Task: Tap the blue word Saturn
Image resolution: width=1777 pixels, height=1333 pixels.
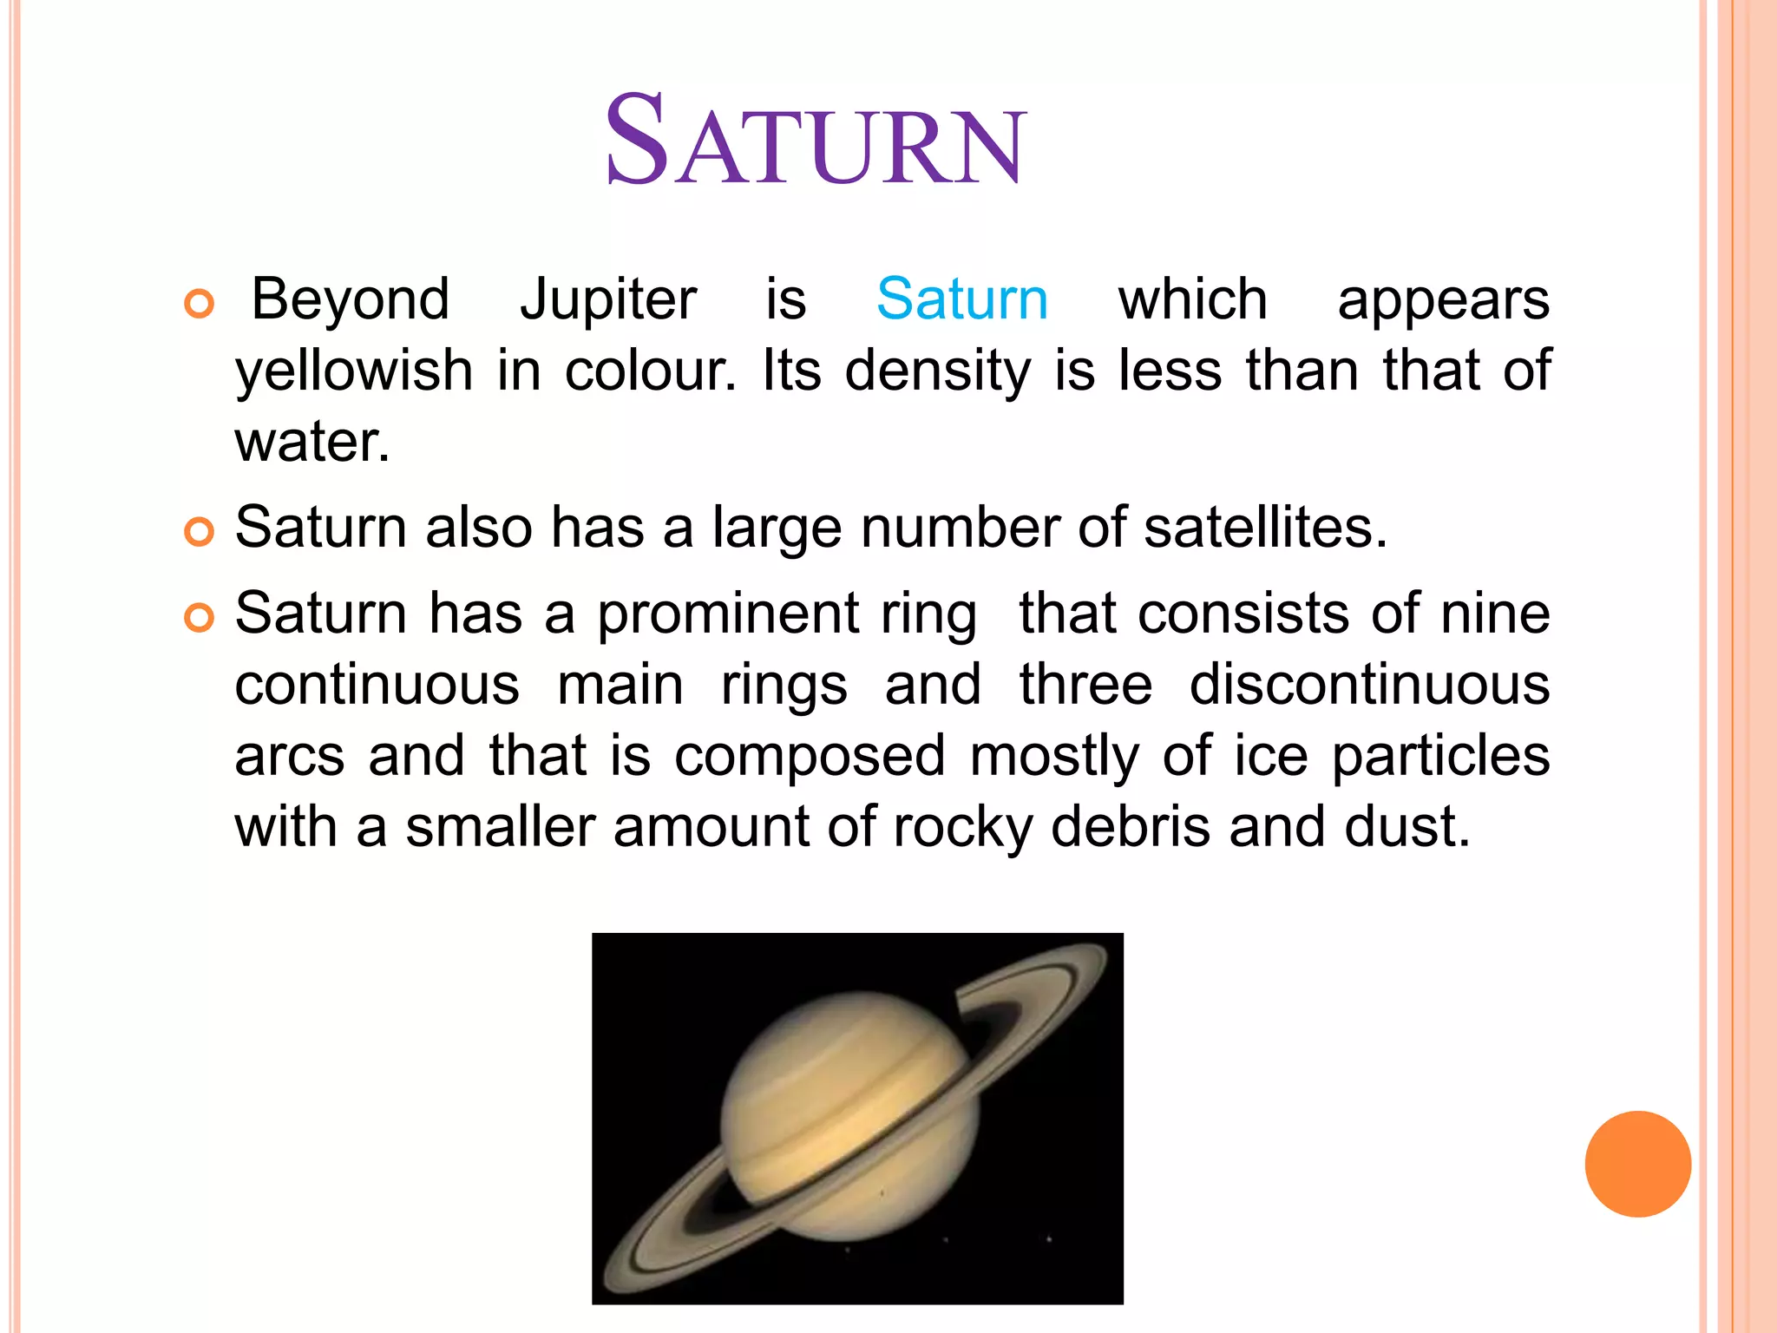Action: pos(962,299)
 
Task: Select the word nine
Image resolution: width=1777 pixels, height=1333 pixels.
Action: pos(1495,614)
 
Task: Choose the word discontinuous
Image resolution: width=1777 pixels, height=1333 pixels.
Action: pos(1369,685)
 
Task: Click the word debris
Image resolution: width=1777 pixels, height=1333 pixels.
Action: pos(1130,826)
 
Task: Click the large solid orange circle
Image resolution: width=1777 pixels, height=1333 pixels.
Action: pos(1637,1164)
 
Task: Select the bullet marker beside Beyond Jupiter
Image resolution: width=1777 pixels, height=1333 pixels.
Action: pos(200,305)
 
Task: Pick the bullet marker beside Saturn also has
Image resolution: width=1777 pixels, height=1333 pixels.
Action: pos(200,531)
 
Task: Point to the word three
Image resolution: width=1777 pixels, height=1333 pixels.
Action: pos(1085,685)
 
